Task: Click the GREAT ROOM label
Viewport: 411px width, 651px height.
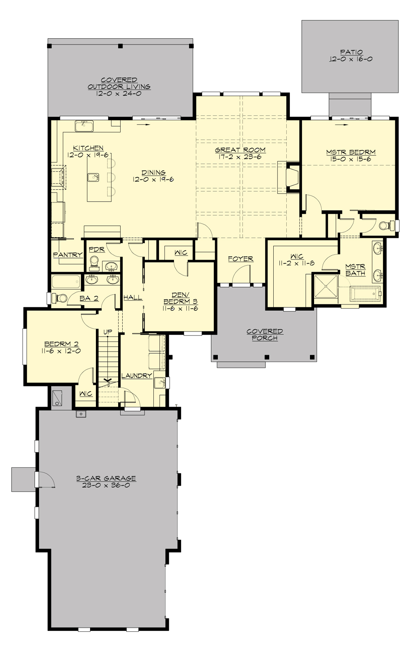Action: click(x=240, y=150)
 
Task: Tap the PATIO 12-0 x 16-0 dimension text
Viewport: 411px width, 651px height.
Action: click(x=351, y=59)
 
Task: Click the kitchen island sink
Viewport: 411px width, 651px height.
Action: click(x=93, y=177)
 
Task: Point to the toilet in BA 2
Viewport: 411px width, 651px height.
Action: click(x=59, y=298)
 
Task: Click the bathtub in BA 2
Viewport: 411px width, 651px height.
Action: click(x=66, y=282)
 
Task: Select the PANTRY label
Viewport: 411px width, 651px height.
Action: click(x=68, y=255)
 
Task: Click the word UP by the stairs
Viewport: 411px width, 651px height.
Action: click(x=108, y=332)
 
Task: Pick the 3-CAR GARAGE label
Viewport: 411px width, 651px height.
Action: click(x=106, y=478)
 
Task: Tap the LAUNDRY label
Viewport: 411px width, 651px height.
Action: click(x=137, y=376)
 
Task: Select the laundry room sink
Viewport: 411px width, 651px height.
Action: click(x=159, y=383)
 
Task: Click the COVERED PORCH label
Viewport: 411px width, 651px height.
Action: click(x=265, y=335)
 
